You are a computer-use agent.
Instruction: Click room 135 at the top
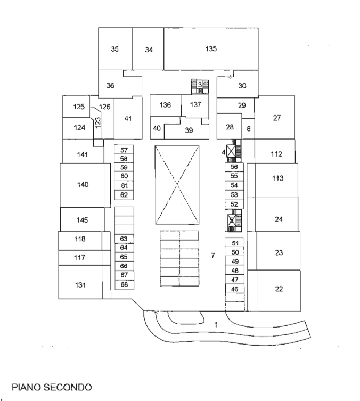pos(211,48)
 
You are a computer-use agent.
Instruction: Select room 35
pos(115,48)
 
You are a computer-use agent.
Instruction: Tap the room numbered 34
pos(148,48)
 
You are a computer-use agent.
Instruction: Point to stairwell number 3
pos(200,86)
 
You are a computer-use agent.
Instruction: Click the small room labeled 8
pos(248,129)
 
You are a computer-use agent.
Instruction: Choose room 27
pos(275,117)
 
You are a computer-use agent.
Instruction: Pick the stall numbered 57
pos(124,150)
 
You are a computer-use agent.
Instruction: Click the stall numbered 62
pos(124,195)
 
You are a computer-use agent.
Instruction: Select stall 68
pos(124,285)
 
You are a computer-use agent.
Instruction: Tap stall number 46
pos(234,289)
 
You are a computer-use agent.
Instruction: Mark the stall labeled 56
pos(234,167)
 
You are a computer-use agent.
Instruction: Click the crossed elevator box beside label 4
pos(231,151)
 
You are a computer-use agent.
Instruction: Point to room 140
pos(83,185)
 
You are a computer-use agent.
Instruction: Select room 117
pos(80,258)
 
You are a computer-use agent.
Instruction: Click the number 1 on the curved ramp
pos(216,325)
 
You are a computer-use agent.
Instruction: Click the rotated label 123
pos(97,122)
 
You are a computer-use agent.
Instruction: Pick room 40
pos(157,128)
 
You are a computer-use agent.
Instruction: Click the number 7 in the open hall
pos(212,256)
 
